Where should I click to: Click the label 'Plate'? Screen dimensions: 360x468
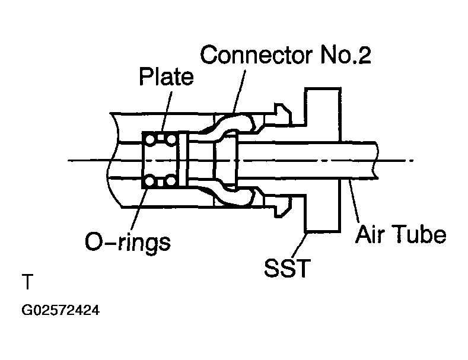click(166, 78)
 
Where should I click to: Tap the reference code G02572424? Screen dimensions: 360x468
click(59, 310)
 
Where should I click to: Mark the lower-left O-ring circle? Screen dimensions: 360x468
click(151, 181)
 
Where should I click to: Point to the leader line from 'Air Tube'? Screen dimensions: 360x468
click(355, 202)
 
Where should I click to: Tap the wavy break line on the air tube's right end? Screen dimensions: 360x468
click(375, 158)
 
